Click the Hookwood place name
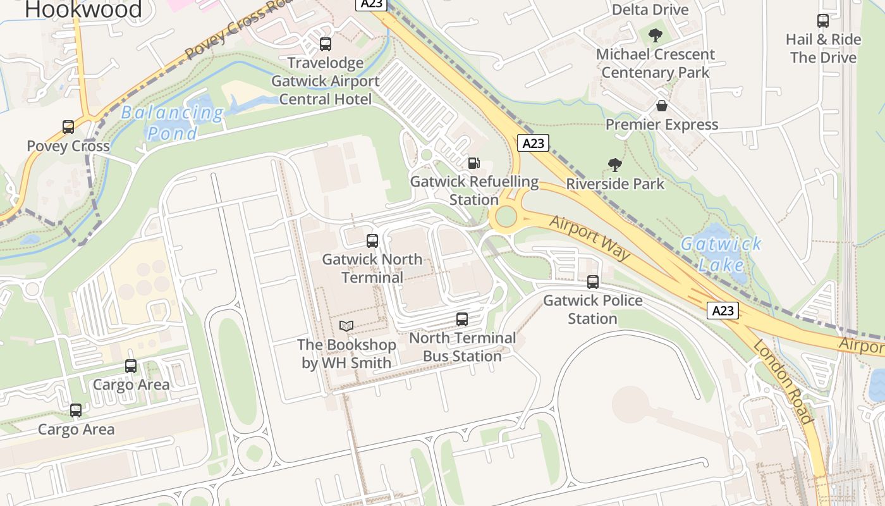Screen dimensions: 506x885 coord(83,9)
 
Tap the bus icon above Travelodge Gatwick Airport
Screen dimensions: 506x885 coord(326,44)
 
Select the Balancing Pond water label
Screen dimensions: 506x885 coord(172,123)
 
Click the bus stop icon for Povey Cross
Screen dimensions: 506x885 coord(68,127)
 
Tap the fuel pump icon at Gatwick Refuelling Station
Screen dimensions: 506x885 coord(474,163)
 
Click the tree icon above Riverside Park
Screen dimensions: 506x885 coord(614,166)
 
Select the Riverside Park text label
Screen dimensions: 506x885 coord(615,184)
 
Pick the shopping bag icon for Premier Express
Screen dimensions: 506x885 coord(661,106)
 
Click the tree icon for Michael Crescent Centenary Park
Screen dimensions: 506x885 coord(656,35)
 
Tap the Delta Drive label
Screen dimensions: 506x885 coord(650,9)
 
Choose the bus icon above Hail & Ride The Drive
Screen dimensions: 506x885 coord(823,21)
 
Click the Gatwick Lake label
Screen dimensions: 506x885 coord(721,253)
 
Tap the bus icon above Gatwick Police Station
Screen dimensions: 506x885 coord(593,282)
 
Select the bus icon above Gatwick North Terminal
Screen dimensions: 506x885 coord(372,241)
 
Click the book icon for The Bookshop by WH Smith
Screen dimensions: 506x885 coord(346,326)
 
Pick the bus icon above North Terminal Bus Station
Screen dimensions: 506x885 coord(462,319)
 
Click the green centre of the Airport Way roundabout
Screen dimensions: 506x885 coord(506,217)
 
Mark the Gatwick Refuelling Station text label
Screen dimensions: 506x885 coord(474,190)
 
